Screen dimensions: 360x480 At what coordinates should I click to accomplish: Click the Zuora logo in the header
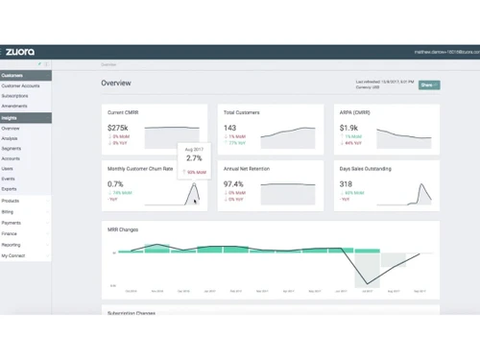[x=20, y=52]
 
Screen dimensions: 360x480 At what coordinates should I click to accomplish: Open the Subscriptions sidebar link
[x=15, y=96]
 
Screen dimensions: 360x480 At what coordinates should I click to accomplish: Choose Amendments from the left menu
[x=14, y=107]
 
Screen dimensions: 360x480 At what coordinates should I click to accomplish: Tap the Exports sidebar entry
[x=10, y=189]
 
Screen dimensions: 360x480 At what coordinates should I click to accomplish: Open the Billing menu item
[x=8, y=211]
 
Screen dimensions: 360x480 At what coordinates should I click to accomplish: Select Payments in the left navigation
[x=11, y=223]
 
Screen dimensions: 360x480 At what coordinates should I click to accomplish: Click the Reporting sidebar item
[x=12, y=245]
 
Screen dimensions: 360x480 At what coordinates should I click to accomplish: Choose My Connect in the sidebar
[x=13, y=256]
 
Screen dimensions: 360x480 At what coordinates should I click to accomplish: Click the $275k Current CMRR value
[x=118, y=128]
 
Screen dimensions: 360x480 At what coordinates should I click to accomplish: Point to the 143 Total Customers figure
[x=229, y=128]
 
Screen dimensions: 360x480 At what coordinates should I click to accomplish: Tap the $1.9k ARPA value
[x=348, y=128]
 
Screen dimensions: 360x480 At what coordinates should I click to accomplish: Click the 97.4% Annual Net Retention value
[x=233, y=184]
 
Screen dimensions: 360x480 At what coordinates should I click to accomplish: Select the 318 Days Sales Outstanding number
[x=346, y=184]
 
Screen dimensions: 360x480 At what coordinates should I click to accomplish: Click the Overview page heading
[x=116, y=84]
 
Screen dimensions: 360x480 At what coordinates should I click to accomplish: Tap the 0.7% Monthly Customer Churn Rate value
[x=116, y=184]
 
